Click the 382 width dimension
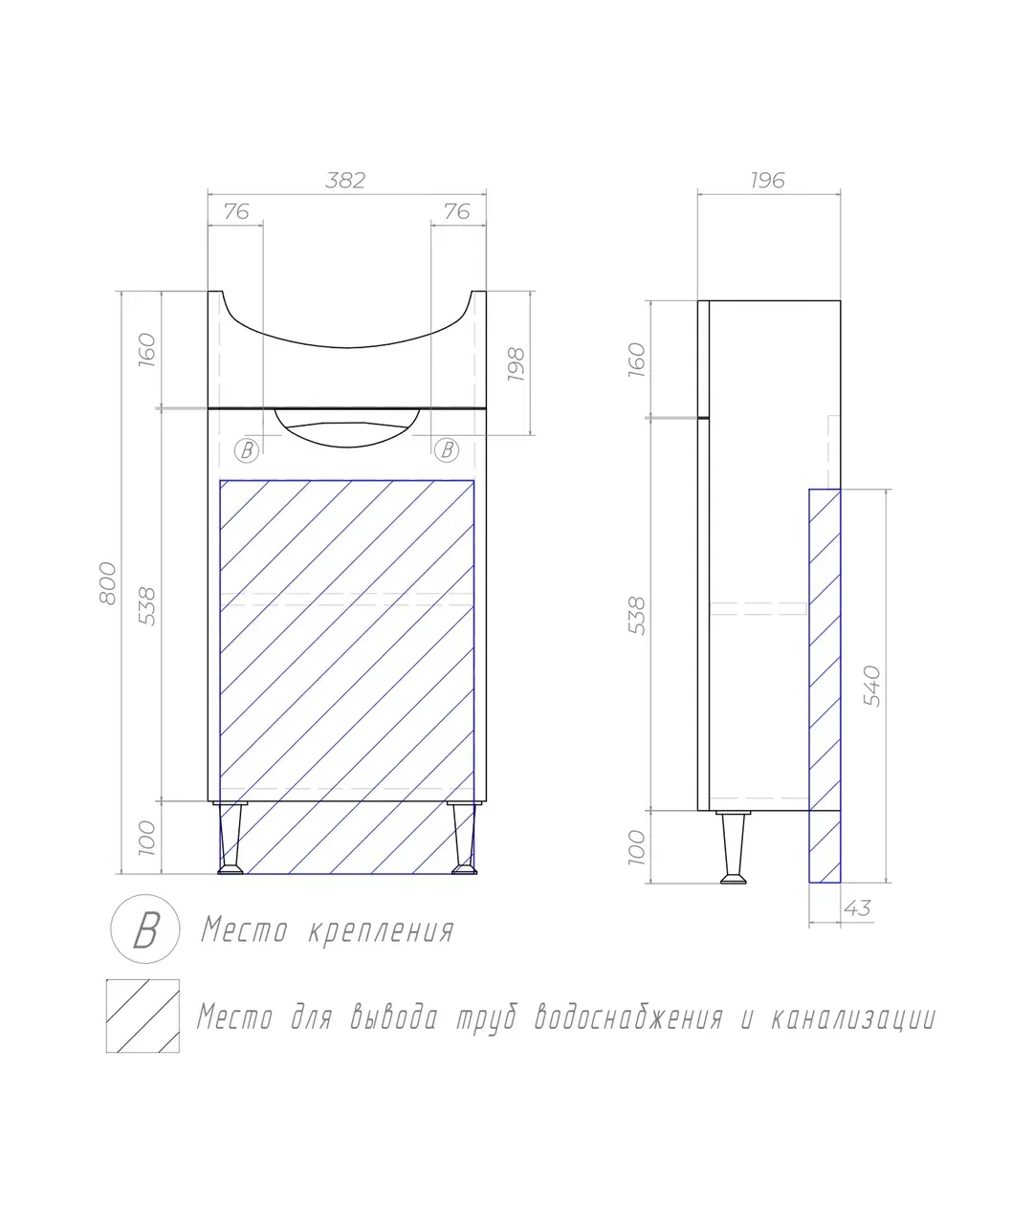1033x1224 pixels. (x=345, y=180)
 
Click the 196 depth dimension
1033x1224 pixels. (x=767, y=180)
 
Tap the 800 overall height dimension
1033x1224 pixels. (x=108, y=582)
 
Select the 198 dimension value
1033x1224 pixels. (x=516, y=364)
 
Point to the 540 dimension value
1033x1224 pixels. (x=871, y=686)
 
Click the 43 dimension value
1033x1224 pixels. (x=857, y=908)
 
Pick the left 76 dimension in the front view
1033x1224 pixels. (x=236, y=211)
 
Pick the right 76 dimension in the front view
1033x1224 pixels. (x=456, y=211)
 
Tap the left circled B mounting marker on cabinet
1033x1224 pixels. (x=247, y=450)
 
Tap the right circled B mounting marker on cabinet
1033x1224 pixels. (x=447, y=449)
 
